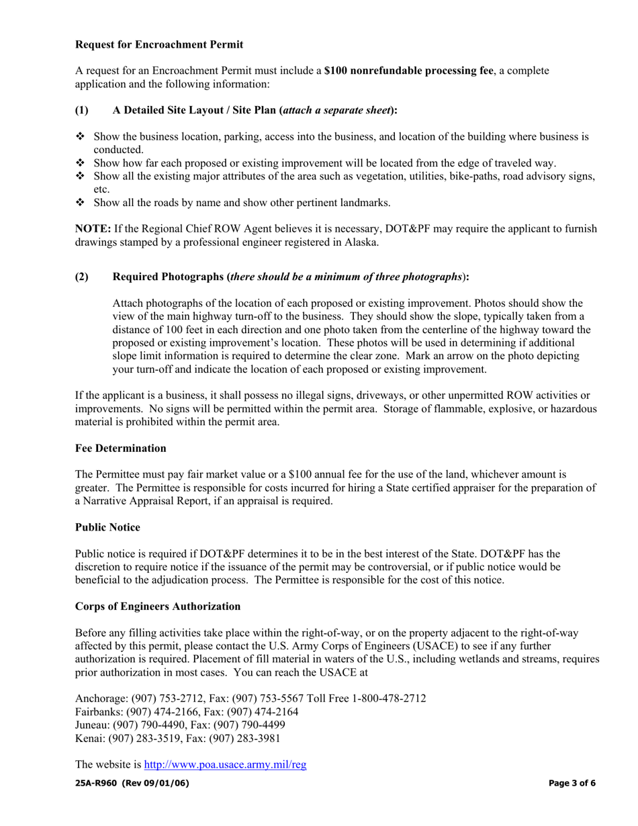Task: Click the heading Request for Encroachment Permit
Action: (159, 44)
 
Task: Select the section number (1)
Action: (81, 110)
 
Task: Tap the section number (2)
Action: (81, 277)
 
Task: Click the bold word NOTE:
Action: (93, 229)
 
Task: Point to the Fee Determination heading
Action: (121, 448)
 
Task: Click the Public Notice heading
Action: (107, 527)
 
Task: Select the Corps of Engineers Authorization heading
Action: (158, 606)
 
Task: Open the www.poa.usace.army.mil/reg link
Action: (225, 764)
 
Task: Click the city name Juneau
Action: (91, 725)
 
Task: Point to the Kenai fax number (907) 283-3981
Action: (244, 738)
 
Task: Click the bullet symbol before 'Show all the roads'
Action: (80, 202)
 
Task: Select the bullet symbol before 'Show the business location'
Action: (80, 136)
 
